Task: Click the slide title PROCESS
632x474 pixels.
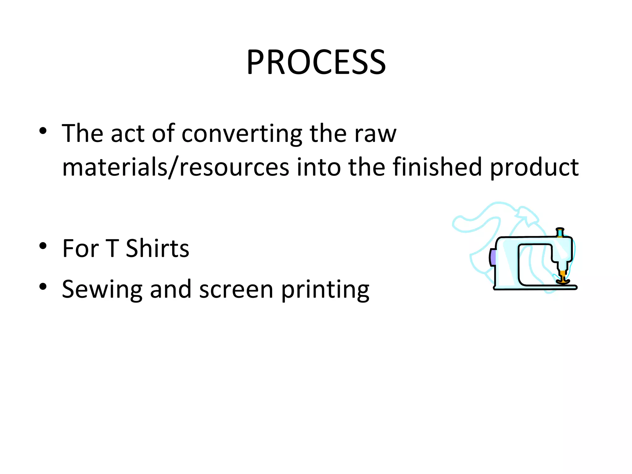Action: click(316, 62)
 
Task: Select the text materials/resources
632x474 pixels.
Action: click(176, 167)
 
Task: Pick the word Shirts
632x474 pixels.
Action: click(157, 248)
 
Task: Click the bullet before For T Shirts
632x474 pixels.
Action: click(43, 246)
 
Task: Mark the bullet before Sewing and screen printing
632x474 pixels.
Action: click(43, 287)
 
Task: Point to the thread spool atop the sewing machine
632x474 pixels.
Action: click(560, 232)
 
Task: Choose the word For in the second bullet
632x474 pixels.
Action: click(81, 248)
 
